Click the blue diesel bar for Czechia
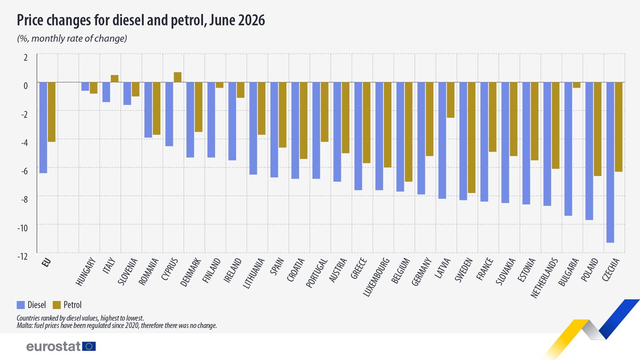610,162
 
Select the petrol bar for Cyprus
177,77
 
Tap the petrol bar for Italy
115,79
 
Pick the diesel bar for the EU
43,128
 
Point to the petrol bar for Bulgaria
577,85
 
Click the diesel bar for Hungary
85,87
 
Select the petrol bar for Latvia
450,100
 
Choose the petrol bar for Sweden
472,138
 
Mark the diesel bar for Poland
589,151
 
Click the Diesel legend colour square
21,305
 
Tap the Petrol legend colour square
57,305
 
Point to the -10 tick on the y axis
22,228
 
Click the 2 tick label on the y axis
26,57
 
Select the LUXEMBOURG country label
376,277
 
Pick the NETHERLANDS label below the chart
544,278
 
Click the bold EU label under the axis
46,262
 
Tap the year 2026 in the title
251,20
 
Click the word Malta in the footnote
24,325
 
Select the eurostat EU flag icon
89,346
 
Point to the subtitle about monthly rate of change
72,39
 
